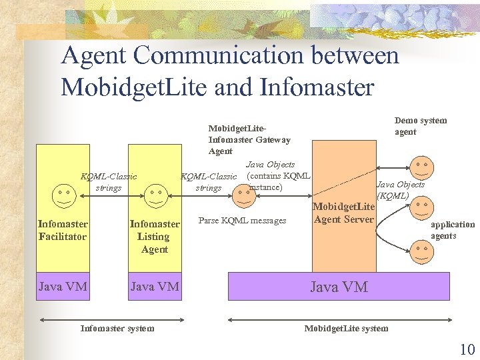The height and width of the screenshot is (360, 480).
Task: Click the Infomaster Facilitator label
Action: pyautogui.click(x=63, y=230)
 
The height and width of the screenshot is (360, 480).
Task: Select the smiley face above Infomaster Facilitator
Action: pyautogui.click(x=63, y=195)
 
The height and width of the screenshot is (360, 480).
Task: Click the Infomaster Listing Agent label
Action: pyautogui.click(x=155, y=237)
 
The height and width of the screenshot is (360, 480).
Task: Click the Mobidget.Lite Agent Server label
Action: pyautogui.click(x=343, y=213)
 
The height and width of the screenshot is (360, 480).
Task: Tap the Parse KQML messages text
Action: pyautogui.click(x=242, y=221)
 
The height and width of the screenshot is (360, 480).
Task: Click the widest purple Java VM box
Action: pyautogui.click(x=339, y=287)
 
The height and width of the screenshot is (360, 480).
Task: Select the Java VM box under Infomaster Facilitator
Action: pyautogui.click(x=63, y=287)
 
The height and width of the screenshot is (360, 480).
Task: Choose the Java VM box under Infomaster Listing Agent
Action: pyautogui.click(x=155, y=287)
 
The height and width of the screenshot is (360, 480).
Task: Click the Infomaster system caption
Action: pyautogui.click(x=117, y=328)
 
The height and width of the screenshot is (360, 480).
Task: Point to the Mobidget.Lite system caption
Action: pyautogui.click(x=346, y=328)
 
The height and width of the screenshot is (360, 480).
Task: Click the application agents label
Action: pyautogui.click(x=452, y=230)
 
